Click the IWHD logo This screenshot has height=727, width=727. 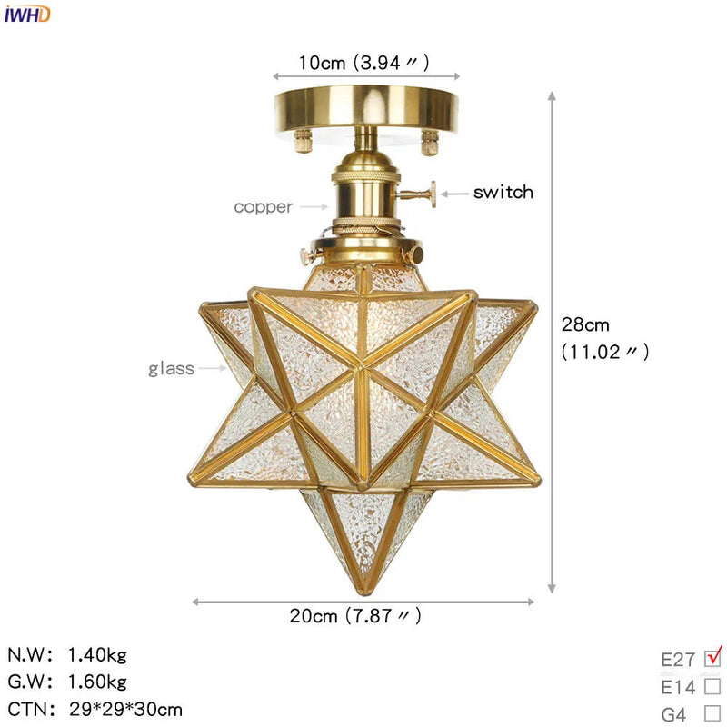(x=27, y=13)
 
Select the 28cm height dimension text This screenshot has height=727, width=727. (x=585, y=324)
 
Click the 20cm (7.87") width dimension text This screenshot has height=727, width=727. (x=355, y=616)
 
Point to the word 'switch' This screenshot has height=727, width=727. (x=503, y=192)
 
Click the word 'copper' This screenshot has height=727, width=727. (x=264, y=206)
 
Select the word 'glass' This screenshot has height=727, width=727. (x=172, y=368)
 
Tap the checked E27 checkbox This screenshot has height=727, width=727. (x=712, y=657)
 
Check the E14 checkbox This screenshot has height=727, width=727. (x=712, y=686)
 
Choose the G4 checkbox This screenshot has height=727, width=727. (x=712, y=713)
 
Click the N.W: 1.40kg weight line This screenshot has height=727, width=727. (x=67, y=654)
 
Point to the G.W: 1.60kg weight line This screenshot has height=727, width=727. (x=67, y=682)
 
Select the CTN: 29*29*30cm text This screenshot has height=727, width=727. (x=95, y=709)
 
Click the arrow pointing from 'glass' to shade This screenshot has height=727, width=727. (x=213, y=368)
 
